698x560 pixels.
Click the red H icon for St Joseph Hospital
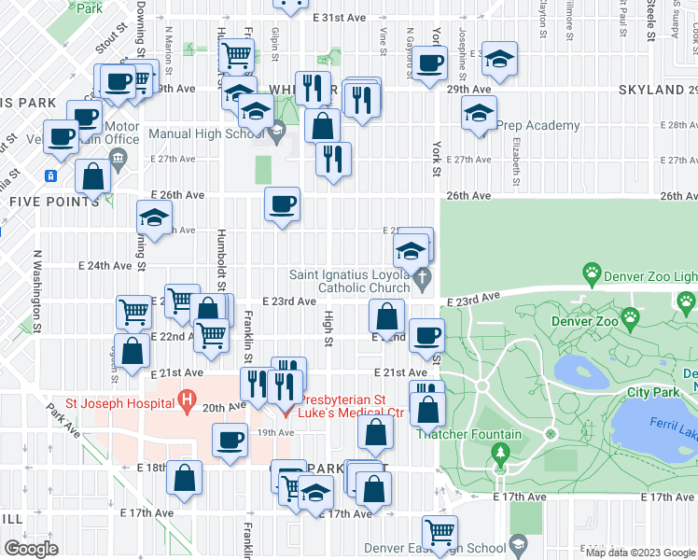pyautogui.click(x=188, y=402)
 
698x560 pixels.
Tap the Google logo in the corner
pyautogui.click(x=32, y=548)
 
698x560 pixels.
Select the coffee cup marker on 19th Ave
pyautogui.click(x=229, y=440)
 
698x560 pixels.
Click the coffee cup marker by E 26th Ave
pyautogui.click(x=282, y=203)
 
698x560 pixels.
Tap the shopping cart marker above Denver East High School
pyautogui.click(x=440, y=532)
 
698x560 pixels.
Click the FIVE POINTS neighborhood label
pyautogui.click(x=41, y=201)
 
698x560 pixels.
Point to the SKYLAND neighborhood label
pyautogui.click(x=650, y=90)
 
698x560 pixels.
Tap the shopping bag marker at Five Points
pyautogui.click(x=92, y=175)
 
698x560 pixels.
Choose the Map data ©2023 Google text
pyautogui.click(x=640, y=552)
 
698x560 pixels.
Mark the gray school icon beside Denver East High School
pyautogui.click(x=519, y=547)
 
